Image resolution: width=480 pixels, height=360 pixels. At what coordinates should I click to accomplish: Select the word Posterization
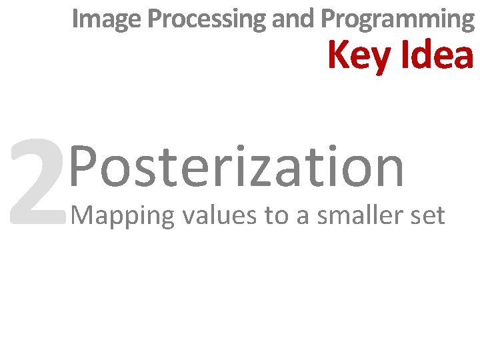[x=237, y=167]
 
